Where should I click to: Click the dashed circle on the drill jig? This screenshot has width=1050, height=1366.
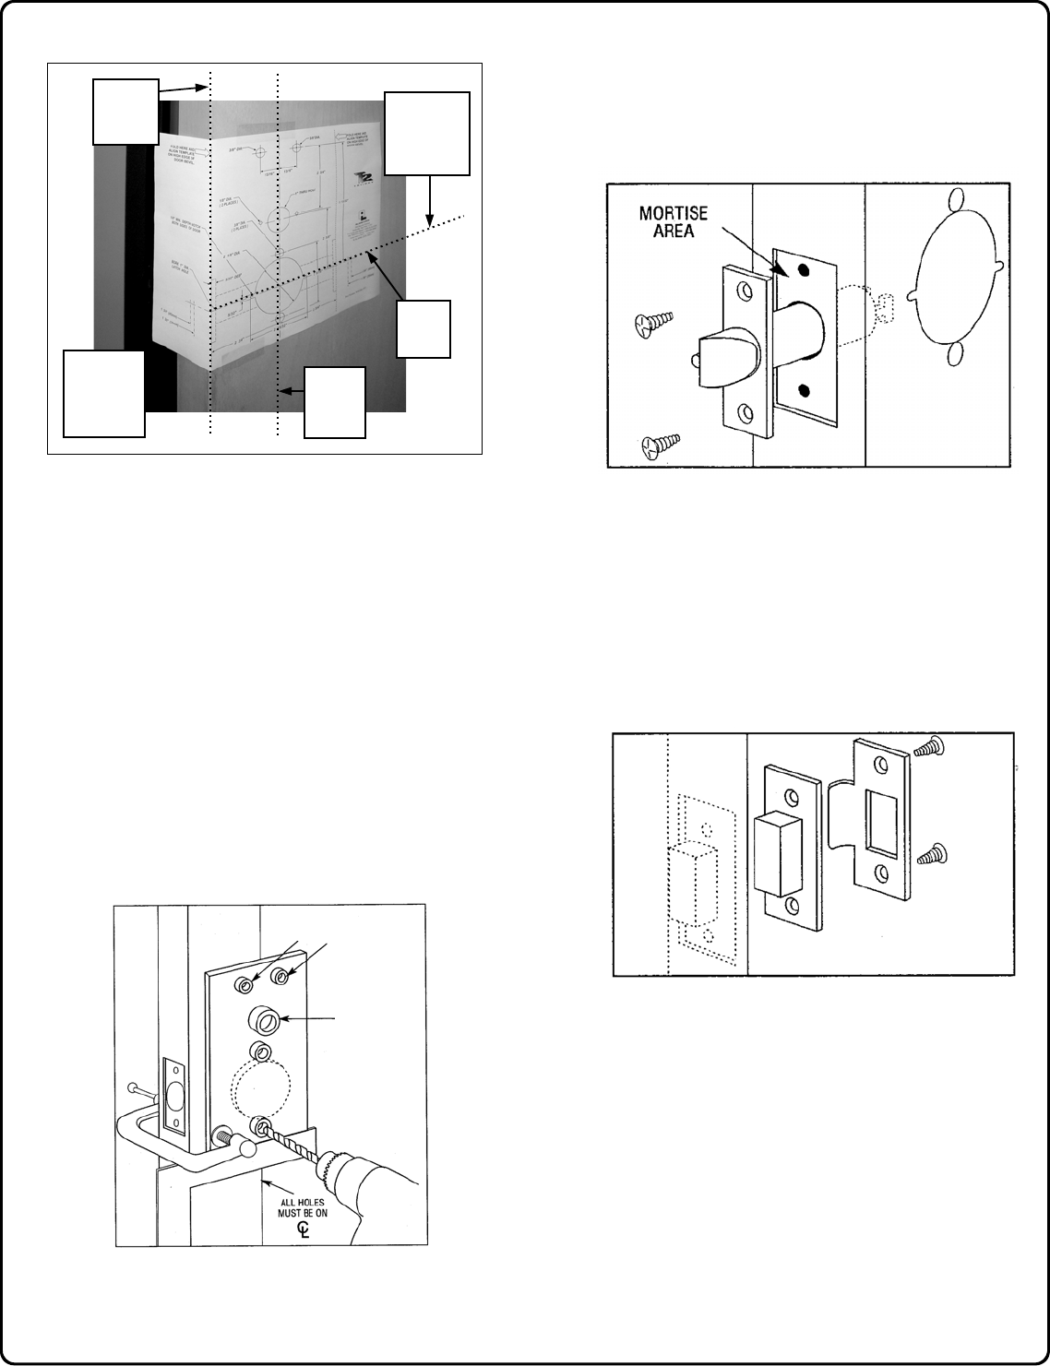[x=259, y=1091]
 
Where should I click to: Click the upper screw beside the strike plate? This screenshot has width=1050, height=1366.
[x=926, y=749]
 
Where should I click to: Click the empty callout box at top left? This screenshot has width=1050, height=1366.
[x=125, y=112]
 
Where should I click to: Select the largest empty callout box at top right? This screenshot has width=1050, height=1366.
[x=426, y=133]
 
